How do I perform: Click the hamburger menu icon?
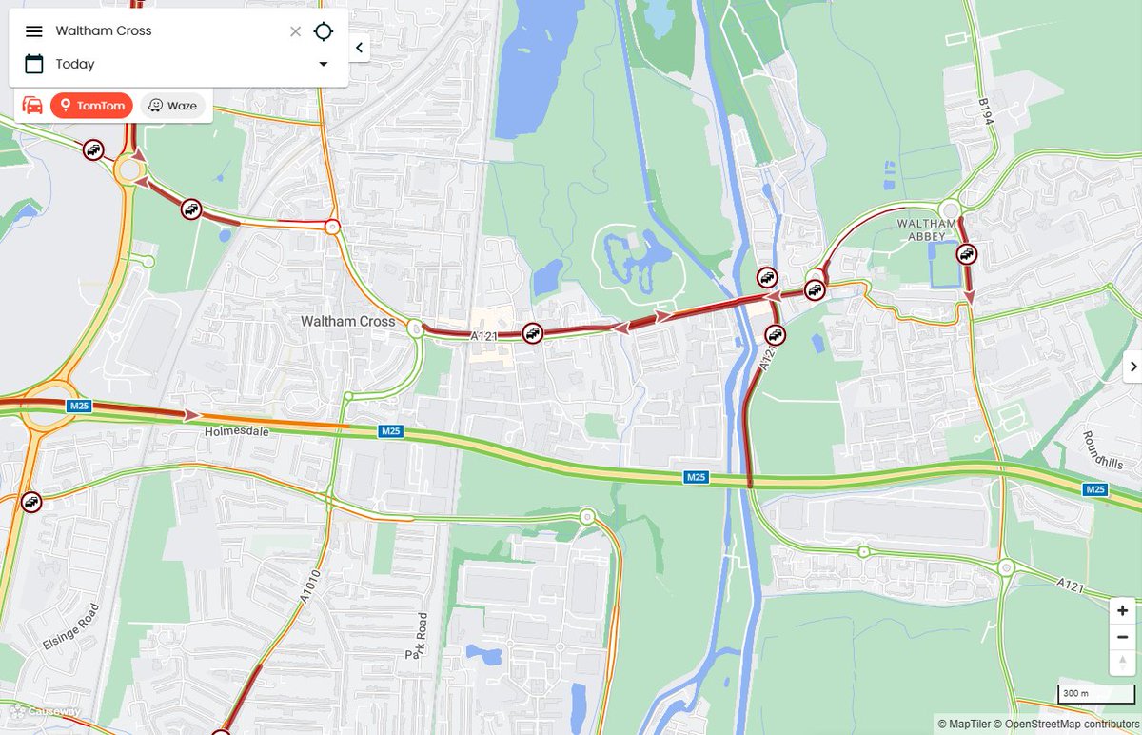[34, 31]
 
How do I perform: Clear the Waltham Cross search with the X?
[295, 31]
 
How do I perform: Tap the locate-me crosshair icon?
[324, 31]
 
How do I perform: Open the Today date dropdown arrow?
[323, 64]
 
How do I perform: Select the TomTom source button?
[91, 105]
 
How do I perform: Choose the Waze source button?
[173, 105]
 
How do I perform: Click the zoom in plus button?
[1123, 610]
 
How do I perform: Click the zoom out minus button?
[1123, 637]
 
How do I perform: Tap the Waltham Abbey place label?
[920, 229]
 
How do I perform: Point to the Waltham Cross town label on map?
[347, 322]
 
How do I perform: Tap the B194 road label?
[985, 110]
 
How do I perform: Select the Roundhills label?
[1101, 449]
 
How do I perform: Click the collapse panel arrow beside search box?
[359, 47]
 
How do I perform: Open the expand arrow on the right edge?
[1132, 367]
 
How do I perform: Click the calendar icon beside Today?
[34, 64]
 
